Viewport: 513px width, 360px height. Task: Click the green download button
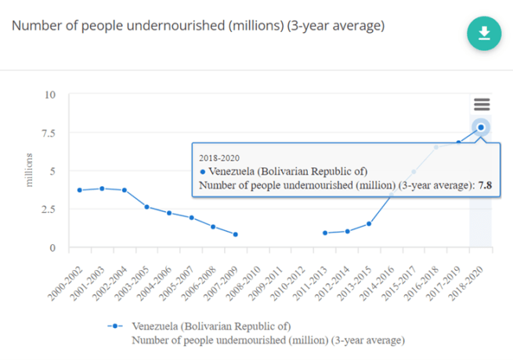click(x=484, y=34)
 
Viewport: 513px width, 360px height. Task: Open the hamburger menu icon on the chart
click(x=481, y=104)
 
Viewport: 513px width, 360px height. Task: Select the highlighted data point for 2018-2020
click(x=481, y=127)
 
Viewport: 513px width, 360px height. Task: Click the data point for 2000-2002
click(x=80, y=190)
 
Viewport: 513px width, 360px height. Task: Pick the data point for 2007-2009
click(x=235, y=234)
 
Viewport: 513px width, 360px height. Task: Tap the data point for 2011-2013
click(x=325, y=233)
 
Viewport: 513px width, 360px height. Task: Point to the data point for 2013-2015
click(x=369, y=224)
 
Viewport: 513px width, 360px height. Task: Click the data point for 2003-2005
click(x=146, y=207)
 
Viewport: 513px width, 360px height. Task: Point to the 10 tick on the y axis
click(x=50, y=95)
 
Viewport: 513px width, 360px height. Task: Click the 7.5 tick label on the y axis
click(x=49, y=133)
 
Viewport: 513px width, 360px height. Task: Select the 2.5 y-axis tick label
click(x=49, y=210)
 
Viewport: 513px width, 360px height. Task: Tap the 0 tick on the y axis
click(x=53, y=248)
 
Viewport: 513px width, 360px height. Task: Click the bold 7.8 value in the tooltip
click(x=484, y=185)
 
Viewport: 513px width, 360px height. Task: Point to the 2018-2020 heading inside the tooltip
click(x=219, y=157)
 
